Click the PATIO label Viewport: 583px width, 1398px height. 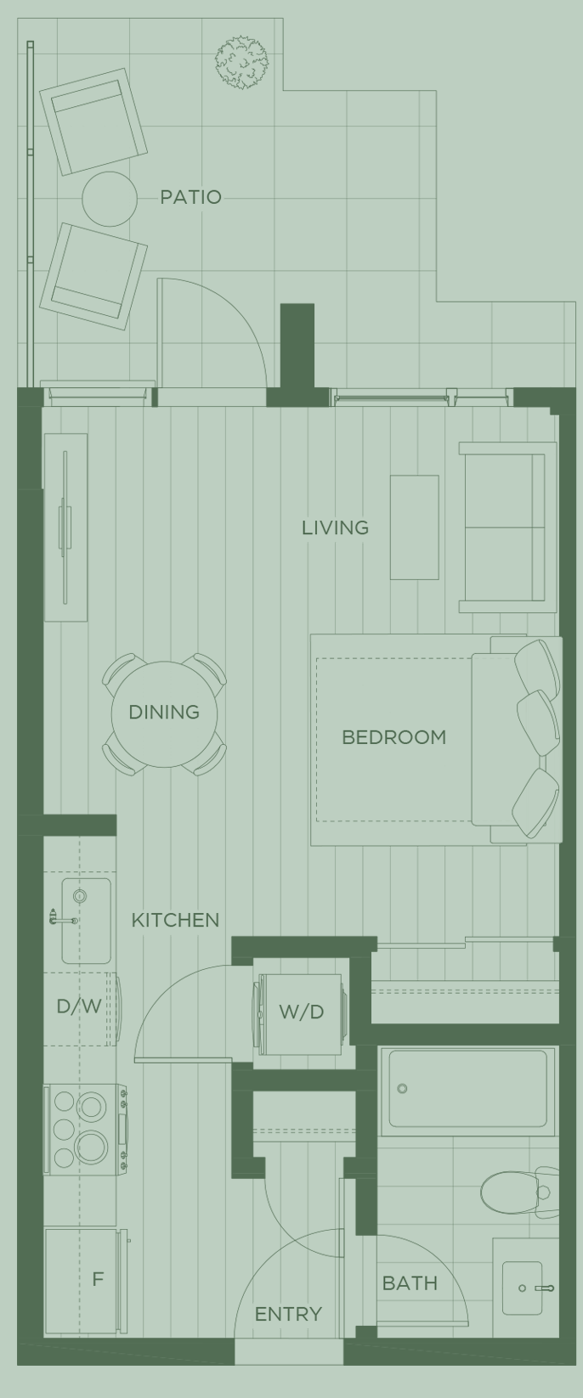coord(190,197)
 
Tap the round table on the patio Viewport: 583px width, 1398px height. coord(110,199)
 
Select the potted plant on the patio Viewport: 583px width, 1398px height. coord(241,61)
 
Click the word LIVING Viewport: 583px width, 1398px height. coord(335,527)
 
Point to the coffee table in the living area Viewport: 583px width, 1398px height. coord(414,527)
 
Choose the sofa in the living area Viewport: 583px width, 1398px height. coord(501,527)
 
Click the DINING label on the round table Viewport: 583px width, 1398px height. coord(164,712)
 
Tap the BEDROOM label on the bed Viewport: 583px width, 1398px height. coord(393,737)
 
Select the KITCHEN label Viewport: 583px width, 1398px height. coord(175,920)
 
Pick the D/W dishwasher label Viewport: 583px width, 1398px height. coord(79,1007)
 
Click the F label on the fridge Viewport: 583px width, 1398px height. coord(98,1279)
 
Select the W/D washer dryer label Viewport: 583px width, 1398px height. coord(302,1012)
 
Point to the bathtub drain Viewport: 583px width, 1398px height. coord(403,1089)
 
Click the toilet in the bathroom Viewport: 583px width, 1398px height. coord(514,1191)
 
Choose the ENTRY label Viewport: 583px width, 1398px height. coord(288,1314)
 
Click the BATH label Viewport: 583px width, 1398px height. coord(410,1283)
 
